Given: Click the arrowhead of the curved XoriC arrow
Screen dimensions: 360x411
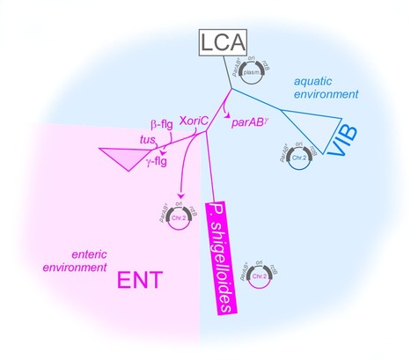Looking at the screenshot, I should pyautogui.click(x=180, y=195).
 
